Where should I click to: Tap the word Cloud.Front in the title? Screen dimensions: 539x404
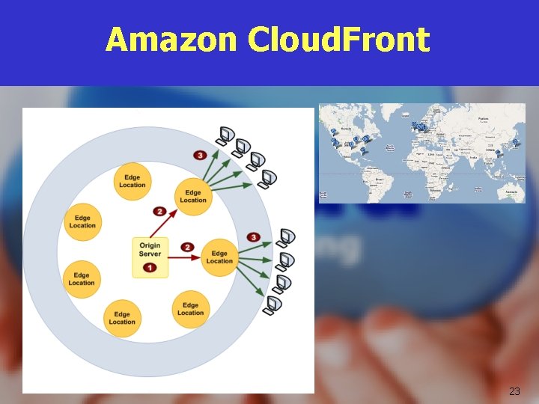point(338,40)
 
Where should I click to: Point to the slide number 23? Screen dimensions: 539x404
point(514,391)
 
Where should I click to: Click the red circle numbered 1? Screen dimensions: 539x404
point(150,267)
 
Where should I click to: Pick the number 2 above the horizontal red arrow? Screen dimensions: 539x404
point(188,247)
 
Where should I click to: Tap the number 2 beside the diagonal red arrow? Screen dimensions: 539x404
point(159,211)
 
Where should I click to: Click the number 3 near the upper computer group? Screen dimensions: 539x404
point(200,155)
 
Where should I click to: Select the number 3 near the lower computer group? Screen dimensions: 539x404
point(254,237)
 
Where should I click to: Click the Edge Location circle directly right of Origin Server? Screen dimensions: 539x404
point(219,257)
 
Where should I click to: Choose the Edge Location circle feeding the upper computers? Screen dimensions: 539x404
point(192,197)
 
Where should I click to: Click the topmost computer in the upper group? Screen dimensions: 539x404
point(225,135)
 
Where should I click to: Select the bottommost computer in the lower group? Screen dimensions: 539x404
point(273,304)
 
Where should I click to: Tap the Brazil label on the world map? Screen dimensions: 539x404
point(380,180)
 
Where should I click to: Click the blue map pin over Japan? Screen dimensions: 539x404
point(515,141)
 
